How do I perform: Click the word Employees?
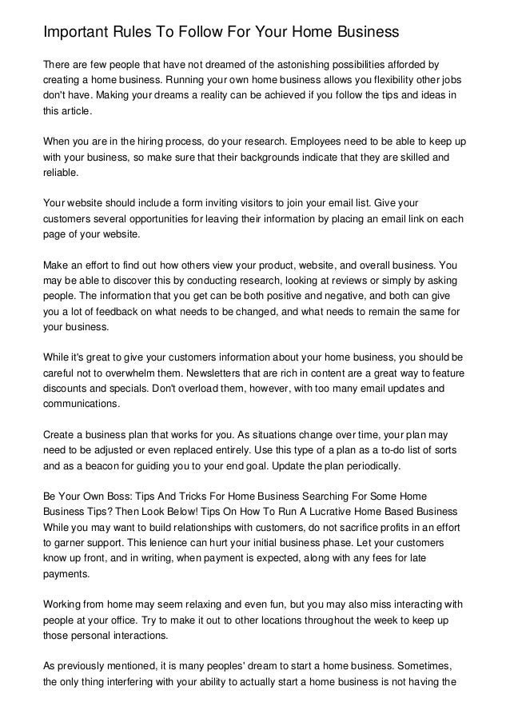pos(313,141)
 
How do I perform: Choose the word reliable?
pos(62,174)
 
